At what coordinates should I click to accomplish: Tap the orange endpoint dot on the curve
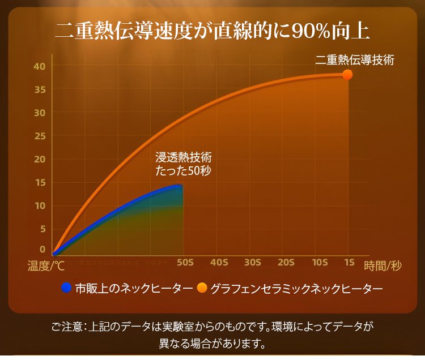347,75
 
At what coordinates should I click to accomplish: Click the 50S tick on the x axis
185,263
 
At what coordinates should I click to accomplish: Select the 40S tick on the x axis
219,263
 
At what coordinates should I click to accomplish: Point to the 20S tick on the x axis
286,263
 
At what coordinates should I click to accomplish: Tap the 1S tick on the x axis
349,263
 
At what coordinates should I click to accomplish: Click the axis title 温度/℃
46,265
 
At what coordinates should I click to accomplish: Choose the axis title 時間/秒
383,265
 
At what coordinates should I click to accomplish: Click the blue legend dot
67,288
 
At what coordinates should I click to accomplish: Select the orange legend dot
202,288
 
